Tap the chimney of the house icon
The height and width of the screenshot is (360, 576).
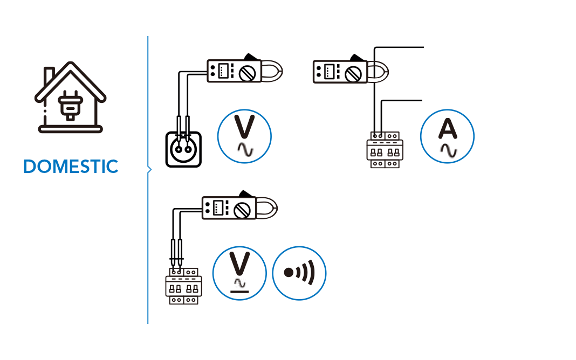(x=48, y=76)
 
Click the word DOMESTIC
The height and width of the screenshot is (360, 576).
(x=71, y=167)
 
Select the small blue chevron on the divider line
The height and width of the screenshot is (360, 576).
(x=149, y=170)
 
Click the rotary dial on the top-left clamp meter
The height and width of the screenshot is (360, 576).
(x=249, y=72)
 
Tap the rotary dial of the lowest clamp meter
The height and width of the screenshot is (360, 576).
(x=244, y=209)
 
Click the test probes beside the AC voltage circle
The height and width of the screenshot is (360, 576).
(x=183, y=129)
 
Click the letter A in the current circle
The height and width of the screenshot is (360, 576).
(x=447, y=129)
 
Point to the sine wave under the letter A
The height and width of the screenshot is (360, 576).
(x=448, y=150)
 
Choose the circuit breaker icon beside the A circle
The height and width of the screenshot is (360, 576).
(x=385, y=150)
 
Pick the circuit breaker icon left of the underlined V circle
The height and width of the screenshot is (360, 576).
(x=183, y=285)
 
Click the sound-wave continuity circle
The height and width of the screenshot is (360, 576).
(x=299, y=273)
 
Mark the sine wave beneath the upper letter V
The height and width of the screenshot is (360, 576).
(x=244, y=150)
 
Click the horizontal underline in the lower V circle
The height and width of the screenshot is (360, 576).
(x=239, y=291)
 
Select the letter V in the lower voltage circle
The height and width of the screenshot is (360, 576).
(x=239, y=264)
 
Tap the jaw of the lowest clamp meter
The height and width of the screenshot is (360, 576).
(x=268, y=208)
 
